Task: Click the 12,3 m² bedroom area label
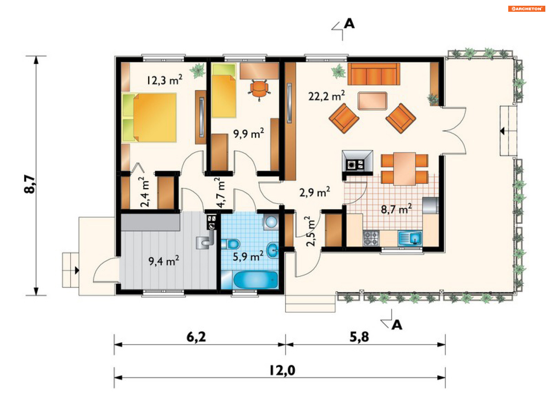point(164,80)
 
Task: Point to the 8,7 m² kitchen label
point(396,209)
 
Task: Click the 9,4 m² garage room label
point(164,261)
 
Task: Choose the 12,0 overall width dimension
point(282,370)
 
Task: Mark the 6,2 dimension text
point(196,337)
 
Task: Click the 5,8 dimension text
point(359,337)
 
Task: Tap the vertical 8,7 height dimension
point(30,184)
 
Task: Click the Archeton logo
point(527,9)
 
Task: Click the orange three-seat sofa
point(374,74)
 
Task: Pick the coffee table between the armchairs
point(372,101)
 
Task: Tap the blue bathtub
point(255,280)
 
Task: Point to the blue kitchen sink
point(410,239)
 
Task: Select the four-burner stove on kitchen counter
point(371,239)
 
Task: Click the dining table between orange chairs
point(404,169)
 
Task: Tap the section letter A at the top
point(349,24)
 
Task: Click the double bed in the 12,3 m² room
point(149,118)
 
